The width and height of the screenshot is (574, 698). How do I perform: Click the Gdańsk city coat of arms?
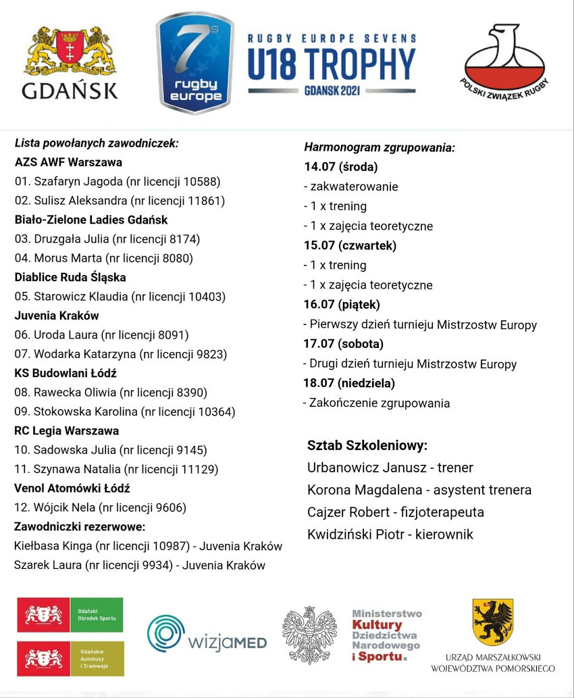[x=70, y=52]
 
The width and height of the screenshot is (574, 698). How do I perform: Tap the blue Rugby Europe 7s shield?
[x=195, y=63]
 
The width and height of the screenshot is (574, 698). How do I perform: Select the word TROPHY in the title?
[x=357, y=65]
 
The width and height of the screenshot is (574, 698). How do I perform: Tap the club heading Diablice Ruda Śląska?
[x=70, y=277]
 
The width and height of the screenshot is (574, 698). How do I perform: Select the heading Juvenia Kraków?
[x=57, y=316]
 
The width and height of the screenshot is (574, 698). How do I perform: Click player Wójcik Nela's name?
[x=64, y=507]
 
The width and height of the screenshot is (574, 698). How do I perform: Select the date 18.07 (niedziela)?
[x=349, y=383]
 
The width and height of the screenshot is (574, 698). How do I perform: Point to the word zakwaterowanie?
[x=354, y=186]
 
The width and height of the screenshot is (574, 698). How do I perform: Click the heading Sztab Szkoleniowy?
[x=367, y=446]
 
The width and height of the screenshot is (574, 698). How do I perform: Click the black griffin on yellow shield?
[x=492, y=622]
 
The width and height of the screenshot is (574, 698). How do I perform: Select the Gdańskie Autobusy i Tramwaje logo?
[x=70, y=659]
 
